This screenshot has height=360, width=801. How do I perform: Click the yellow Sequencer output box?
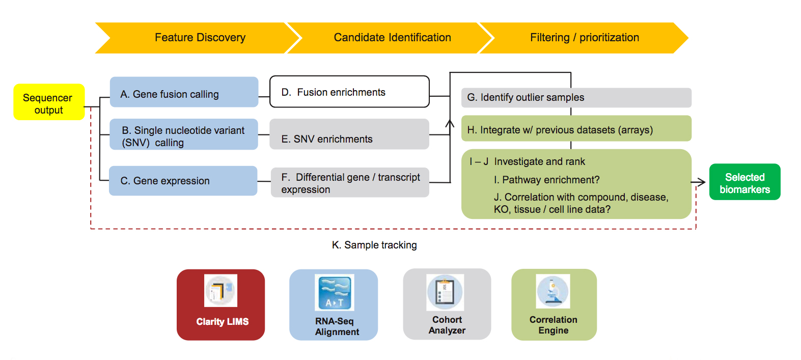(49, 102)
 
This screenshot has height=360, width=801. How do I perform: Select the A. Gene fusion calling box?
(184, 92)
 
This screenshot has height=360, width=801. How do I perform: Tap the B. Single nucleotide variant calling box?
(184, 134)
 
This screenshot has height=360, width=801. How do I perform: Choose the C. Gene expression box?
(183, 181)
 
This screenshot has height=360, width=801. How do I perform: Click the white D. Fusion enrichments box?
(349, 92)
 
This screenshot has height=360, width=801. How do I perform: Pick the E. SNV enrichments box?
(349, 134)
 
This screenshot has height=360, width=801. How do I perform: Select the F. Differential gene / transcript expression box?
(350, 183)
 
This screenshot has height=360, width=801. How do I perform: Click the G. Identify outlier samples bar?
(576, 98)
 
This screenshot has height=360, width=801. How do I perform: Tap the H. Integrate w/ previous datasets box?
(576, 128)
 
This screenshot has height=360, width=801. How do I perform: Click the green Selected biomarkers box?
(744, 182)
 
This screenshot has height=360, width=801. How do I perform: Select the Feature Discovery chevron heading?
(200, 38)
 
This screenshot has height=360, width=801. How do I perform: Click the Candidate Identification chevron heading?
(392, 38)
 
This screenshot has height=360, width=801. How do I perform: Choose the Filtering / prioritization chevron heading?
(584, 38)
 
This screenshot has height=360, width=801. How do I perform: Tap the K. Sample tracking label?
(374, 245)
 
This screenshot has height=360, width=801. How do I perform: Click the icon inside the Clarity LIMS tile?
(220, 291)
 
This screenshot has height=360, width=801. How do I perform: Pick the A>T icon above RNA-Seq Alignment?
(335, 293)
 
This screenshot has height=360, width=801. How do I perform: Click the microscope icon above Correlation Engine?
(553, 291)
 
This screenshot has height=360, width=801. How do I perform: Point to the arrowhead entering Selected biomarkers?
(702, 182)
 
